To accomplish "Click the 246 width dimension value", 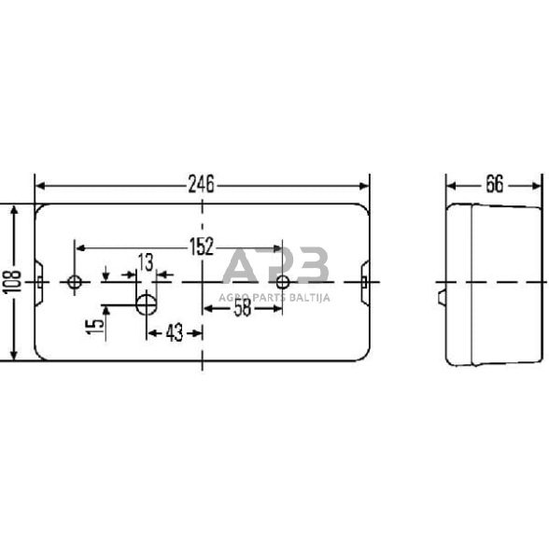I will point(201,185).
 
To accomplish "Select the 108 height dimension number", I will point(9,284).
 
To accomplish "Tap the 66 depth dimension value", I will point(493,185).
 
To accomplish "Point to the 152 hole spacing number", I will point(201,247).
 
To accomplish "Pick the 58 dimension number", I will point(242,307).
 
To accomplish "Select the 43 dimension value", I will point(174,331).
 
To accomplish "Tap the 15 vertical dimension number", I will point(93,326).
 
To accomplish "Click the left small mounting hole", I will point(76,281).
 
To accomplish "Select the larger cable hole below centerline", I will point(147,303).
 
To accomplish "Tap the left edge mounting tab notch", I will point(39,281).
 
